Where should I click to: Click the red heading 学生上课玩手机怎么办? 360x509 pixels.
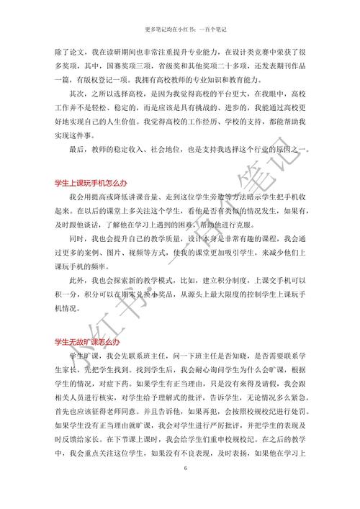(87, 185)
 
